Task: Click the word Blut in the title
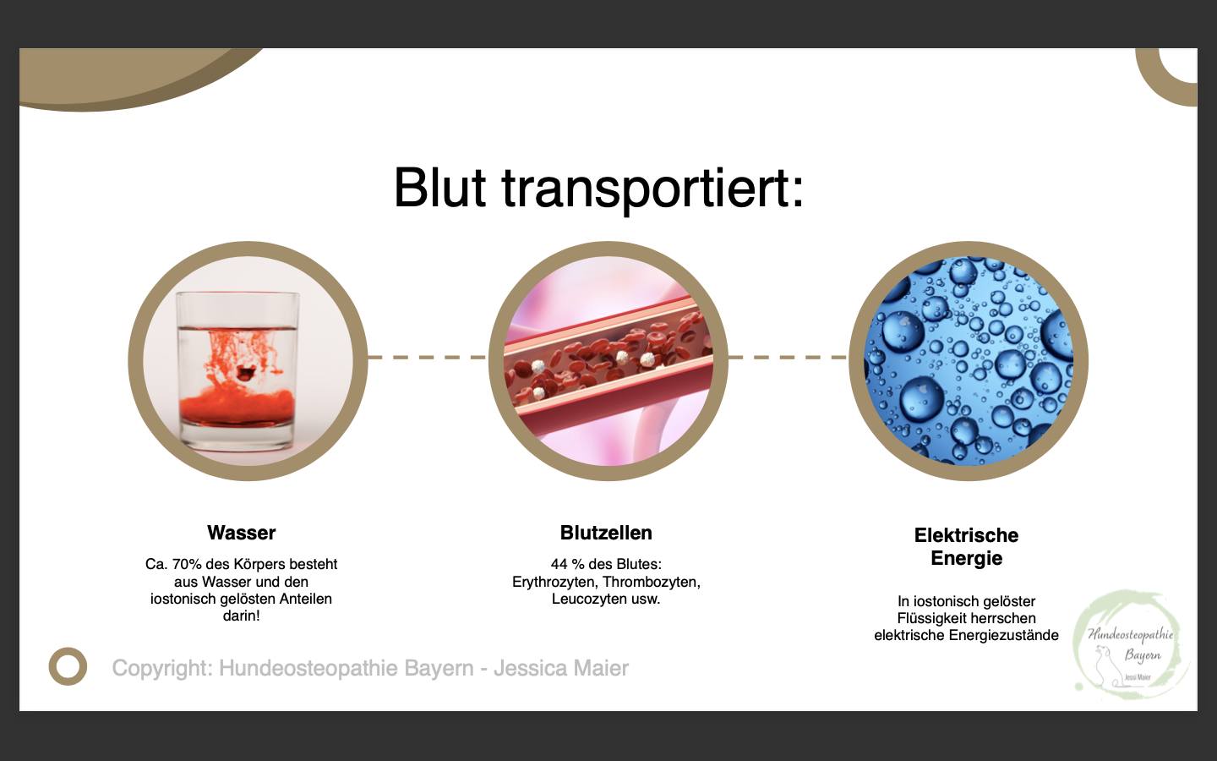coord(439,188)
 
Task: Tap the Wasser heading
coord(241,533)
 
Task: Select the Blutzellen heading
coord(606,533)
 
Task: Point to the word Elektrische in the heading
coord(966,535)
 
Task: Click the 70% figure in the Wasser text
coord(186,564)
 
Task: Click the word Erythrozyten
coord(555,582)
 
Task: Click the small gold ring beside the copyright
coord(68,649)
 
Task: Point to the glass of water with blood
coord(238,370)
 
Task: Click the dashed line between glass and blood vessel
coord(428,357)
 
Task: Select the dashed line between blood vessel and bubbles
coord(788,357)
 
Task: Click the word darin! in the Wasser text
coord(241,616)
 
